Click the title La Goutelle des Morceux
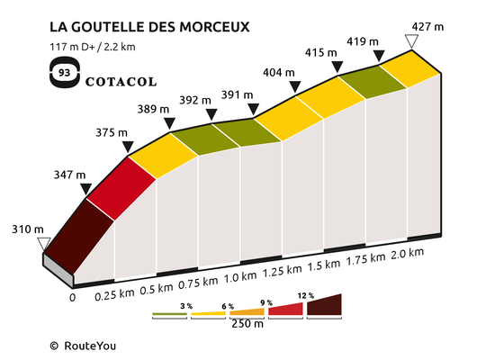[x=149, y=27]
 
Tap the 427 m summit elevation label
[x=427, y=27]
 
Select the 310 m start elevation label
[x=28, y=229]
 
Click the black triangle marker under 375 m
[x=128, y=147]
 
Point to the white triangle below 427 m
[x=411, y=41]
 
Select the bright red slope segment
[x=121, y=188]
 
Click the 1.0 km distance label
[x=240, y=277]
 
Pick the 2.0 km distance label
[x=407, y=254]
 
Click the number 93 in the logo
[x=65, y=73]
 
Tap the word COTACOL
[x=121, y=82]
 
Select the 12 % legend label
[x=306, y=295]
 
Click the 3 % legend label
[x=186, y=306]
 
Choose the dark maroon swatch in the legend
[x=324, y=305]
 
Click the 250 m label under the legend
[x=247, y=324]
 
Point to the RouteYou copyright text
[x=83, y=346]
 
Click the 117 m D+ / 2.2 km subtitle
[x=93, y=47]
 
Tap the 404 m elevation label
[x=279, y=73]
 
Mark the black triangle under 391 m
[x=253, y=109]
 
